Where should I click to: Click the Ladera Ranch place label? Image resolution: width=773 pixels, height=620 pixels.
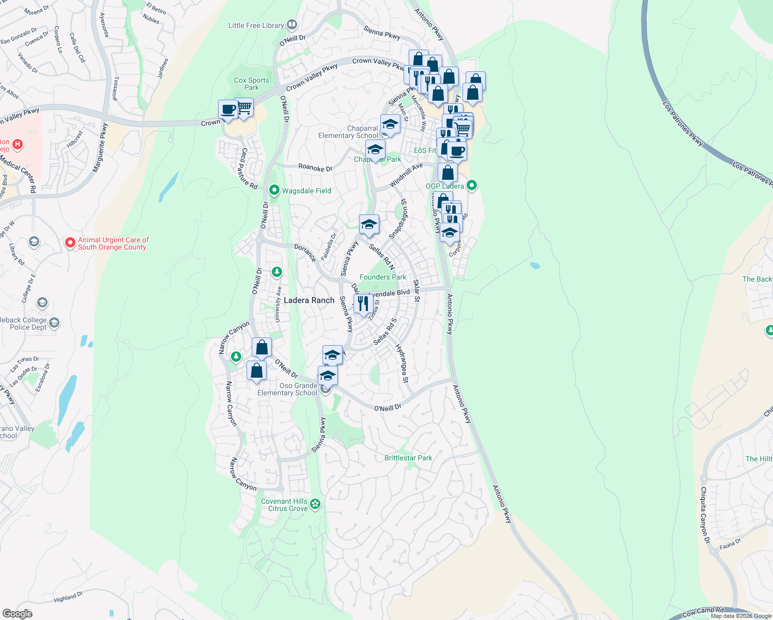point(309,300)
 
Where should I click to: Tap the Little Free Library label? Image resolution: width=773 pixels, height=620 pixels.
point(256,25)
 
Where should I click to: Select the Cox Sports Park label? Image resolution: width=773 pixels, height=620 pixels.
point(252,84)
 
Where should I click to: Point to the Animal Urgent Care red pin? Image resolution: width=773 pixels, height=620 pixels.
point(70,242)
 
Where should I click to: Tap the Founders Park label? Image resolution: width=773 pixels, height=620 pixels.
point(383,277)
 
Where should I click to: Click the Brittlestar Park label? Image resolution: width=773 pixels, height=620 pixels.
point(408,458)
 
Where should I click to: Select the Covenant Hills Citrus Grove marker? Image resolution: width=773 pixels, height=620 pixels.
point(315,504)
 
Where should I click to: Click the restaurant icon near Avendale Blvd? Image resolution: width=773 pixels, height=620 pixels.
point(363,303)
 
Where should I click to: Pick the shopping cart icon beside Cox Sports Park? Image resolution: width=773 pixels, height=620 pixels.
point(244,107)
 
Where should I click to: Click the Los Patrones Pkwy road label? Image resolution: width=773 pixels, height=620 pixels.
point(683,123)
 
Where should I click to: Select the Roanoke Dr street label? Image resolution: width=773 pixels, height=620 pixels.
point(315,168)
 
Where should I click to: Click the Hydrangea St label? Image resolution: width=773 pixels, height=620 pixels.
point(401,363)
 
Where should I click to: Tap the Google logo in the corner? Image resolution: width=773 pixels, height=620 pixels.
point(17,613)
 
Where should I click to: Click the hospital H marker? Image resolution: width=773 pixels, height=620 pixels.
point(18,144)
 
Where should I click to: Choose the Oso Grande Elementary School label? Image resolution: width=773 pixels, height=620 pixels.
point(287,389)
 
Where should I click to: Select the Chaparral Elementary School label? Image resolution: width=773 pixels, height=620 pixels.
point(348,132)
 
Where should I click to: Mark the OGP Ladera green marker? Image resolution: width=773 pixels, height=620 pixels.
point(472,185)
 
